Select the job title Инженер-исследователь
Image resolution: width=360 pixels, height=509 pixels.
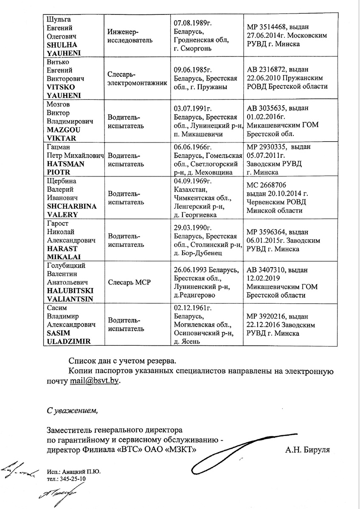(x=127, y=36)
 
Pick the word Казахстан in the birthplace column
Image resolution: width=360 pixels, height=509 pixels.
(x=191, y=190)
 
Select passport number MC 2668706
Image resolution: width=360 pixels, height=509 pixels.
(x=267, y=185)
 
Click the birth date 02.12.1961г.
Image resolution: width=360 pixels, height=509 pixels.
(x=193, y=308)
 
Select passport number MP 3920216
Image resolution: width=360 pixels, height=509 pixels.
(x=269, y=316)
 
